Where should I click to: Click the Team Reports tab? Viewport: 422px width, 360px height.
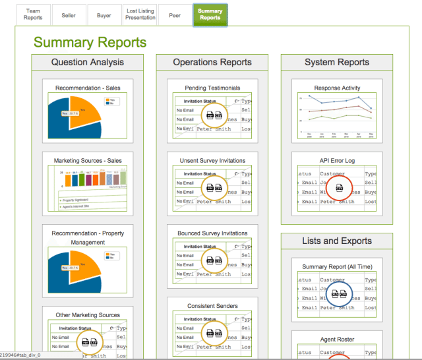coord(33,15)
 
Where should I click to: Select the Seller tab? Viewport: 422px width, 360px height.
coord(69,15)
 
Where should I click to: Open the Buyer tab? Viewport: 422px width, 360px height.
coord(104,15)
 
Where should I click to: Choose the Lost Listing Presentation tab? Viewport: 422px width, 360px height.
coord(140,15)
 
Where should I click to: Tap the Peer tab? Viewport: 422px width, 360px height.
coord(175,15)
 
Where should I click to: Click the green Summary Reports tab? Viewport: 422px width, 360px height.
coord(210,15)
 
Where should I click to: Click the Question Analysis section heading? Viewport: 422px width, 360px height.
coord(88,63)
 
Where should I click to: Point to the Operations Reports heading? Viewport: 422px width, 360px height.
coord(212,63)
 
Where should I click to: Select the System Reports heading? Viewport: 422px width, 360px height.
coord(337,63)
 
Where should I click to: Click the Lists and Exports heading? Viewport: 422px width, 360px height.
coord(337,241)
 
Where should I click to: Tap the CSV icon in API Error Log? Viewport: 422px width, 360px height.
coord(340,188)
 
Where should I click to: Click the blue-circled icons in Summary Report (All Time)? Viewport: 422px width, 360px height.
coord(340,294)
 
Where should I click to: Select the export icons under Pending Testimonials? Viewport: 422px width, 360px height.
coord(214,115)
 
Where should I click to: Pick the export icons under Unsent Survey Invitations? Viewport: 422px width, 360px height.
coord(214,188)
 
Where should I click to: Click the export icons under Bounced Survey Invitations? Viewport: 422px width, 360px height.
coord(214,260)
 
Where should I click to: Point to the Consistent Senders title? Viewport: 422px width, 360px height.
coord(212,305)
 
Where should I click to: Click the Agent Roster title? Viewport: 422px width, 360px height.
coord(337,340)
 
